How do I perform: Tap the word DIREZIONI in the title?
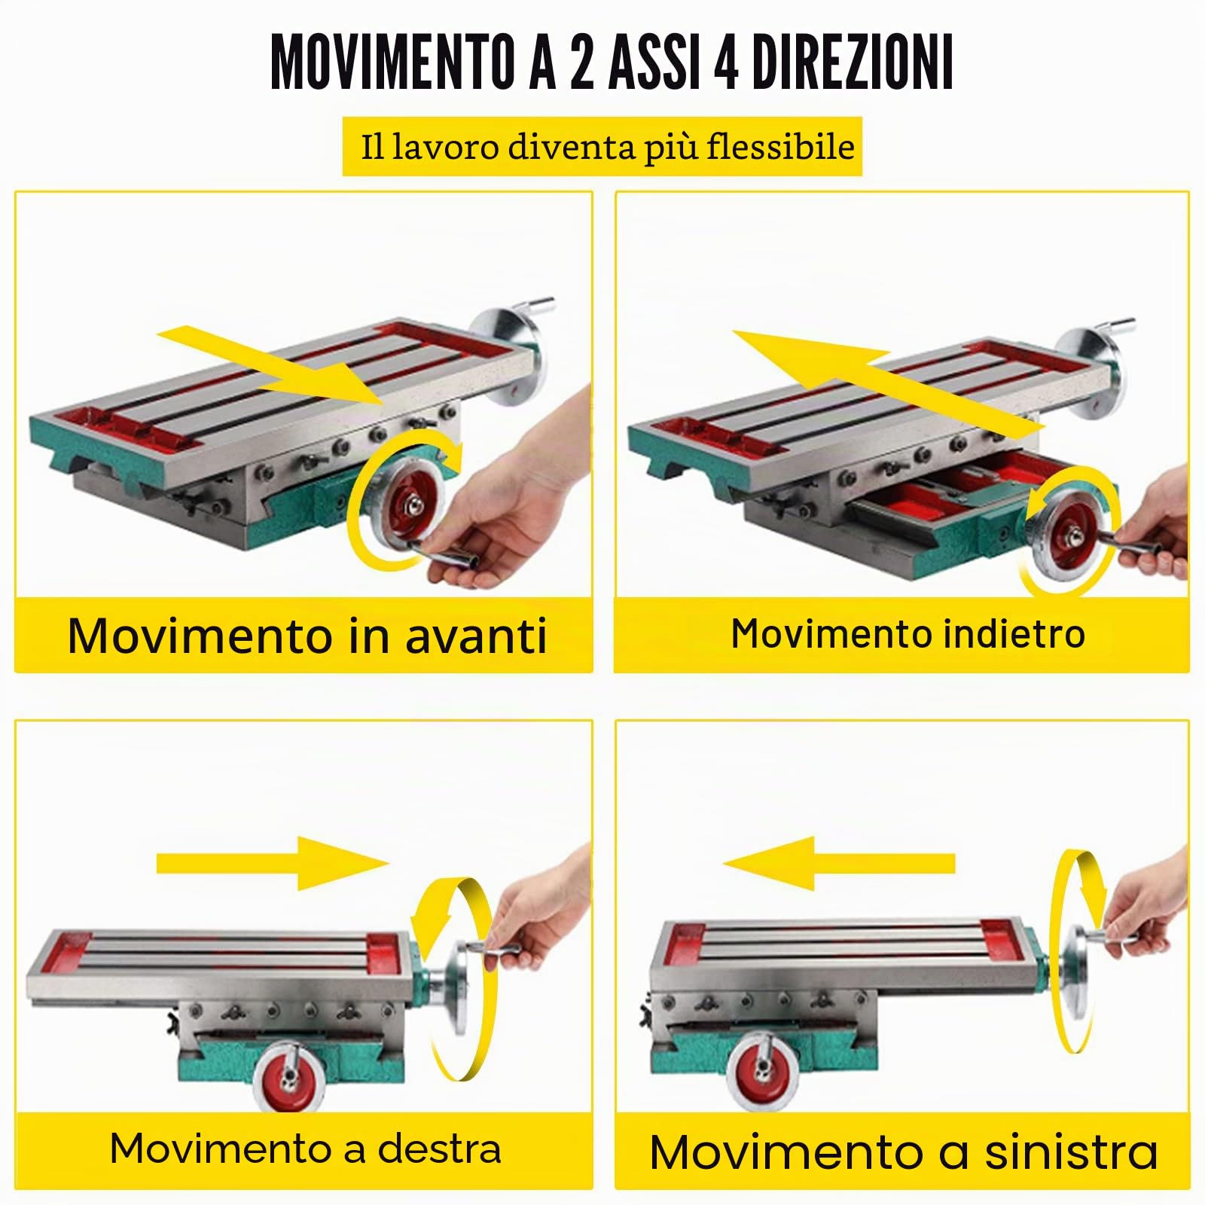(x=853, y=63)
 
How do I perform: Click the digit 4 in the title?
(x=725, y=63)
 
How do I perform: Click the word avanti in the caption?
(x=476, y=636)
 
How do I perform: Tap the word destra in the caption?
(x=440, y=1149)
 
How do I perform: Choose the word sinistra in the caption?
(x=1072, y=1152)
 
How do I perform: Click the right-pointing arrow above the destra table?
(x=273, y=863)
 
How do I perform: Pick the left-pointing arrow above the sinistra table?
(x=839, y=863)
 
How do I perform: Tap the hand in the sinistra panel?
(x=1145, y=904)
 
